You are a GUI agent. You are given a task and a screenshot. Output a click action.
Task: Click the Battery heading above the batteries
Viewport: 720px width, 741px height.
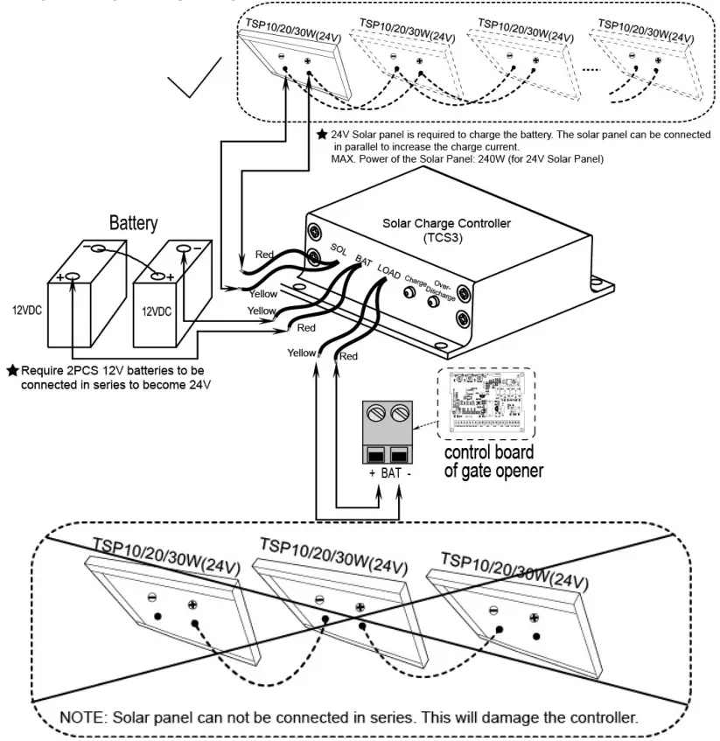point(133,223)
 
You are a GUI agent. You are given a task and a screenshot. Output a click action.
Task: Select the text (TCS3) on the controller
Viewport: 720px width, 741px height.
point(446,237)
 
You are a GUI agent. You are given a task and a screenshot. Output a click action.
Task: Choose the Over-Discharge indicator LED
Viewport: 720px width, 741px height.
point(432,302)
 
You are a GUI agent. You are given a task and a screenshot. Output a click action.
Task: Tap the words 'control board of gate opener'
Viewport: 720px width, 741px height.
point(493,462)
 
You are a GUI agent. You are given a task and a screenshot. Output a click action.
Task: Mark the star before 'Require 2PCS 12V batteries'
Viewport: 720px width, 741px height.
point(12,371)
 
